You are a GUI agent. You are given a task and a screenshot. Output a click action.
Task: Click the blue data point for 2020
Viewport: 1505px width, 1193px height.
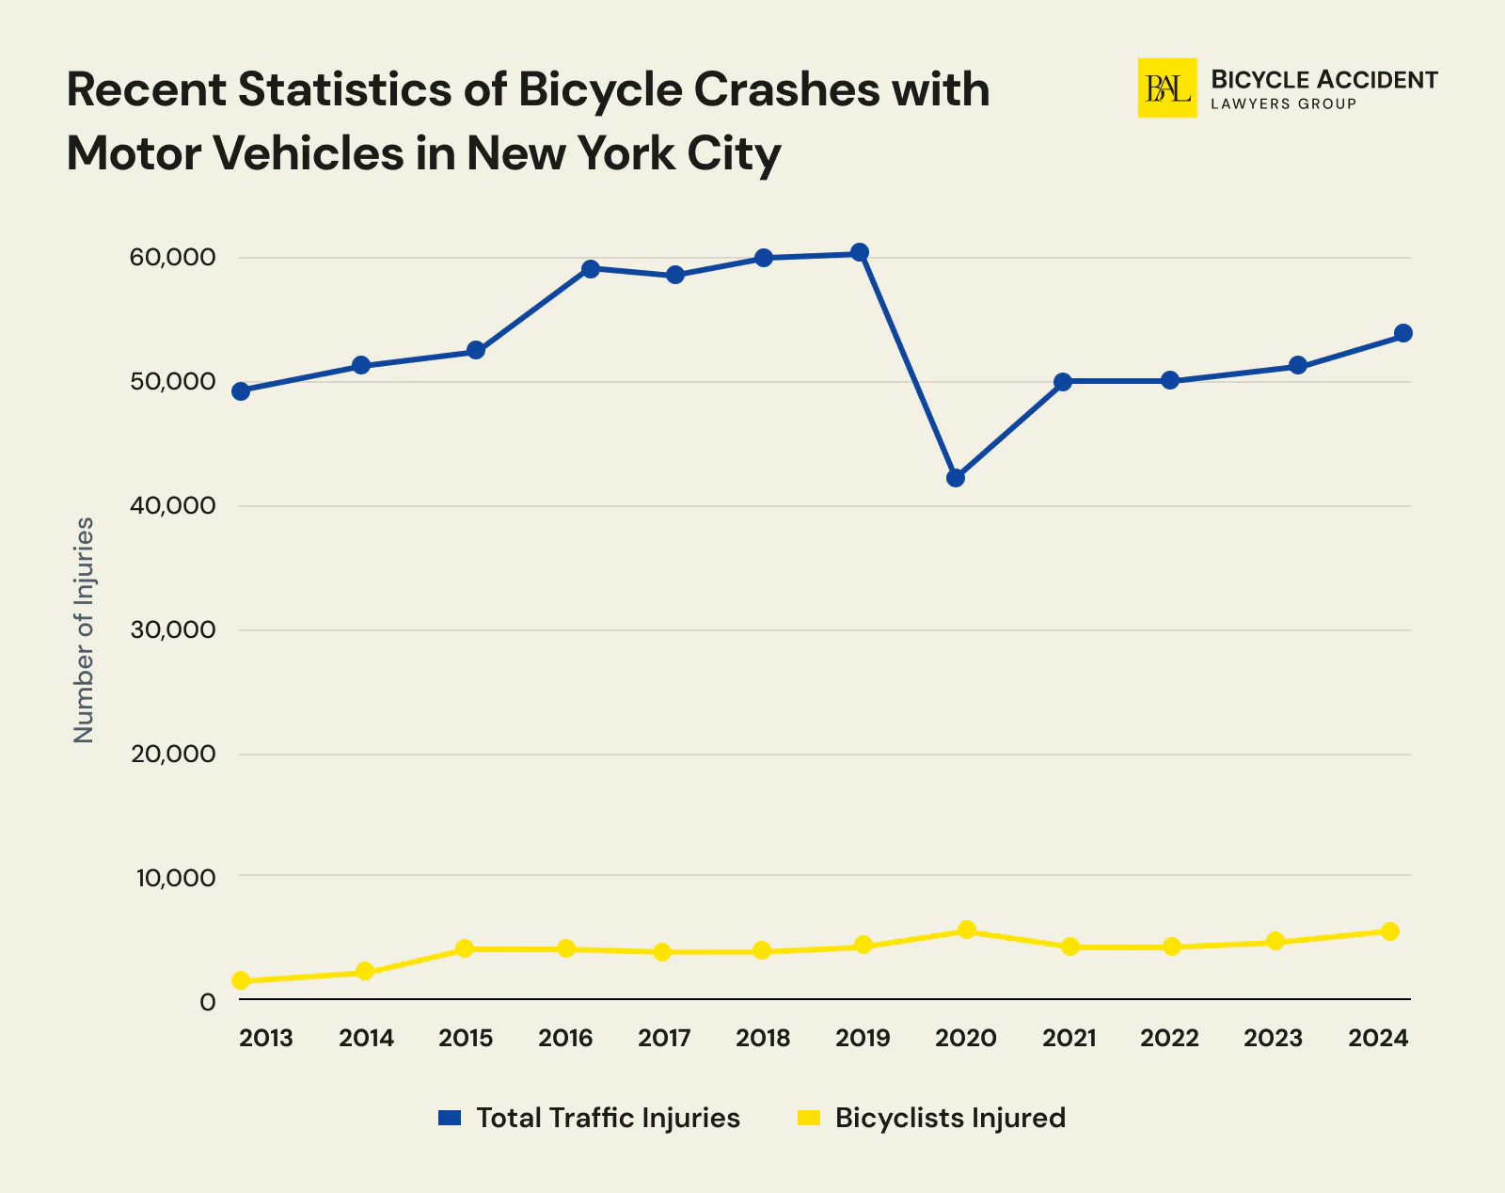point(956,478)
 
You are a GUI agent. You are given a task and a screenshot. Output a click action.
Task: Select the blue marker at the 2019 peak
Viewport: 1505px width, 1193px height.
point(860,252)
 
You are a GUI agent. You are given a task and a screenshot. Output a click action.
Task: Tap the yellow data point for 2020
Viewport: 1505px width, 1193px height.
point(966,930)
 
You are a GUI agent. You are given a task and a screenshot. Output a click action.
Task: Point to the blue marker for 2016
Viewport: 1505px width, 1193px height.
point(591,269)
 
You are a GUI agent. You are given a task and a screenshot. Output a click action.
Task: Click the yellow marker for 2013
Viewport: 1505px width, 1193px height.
point(241,980)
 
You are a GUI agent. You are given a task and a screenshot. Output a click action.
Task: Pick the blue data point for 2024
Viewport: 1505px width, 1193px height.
point(1402,333)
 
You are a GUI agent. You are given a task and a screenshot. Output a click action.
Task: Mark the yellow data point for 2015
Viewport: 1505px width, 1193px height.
point(465,948)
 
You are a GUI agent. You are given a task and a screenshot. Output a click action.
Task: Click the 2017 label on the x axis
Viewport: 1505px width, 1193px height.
point(664,1038)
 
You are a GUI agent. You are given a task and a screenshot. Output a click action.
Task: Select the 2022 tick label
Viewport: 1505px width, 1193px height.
point(1169,1038)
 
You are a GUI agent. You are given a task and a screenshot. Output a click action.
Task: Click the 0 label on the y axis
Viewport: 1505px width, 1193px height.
point(208,1002)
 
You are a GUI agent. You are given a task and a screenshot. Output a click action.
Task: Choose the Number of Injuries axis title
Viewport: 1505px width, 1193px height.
point(85,629)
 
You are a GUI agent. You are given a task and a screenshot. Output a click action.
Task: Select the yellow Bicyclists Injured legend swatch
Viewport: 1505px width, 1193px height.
point(809,1118)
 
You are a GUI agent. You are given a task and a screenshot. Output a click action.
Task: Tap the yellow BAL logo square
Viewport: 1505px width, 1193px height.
point(1167,88)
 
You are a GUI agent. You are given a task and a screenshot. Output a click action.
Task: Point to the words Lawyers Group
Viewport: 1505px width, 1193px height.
point(1283,104)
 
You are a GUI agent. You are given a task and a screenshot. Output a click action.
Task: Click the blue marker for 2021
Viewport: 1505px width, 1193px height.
point(1063,382)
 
